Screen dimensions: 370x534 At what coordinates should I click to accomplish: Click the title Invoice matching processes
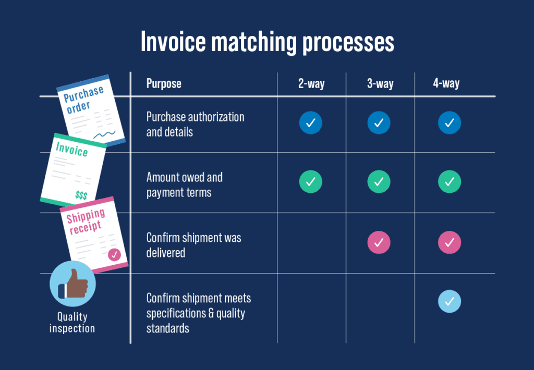267,42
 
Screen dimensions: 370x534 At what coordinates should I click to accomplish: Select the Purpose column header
164,83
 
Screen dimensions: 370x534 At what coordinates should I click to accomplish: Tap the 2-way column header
311,83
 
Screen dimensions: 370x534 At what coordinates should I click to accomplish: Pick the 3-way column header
380,83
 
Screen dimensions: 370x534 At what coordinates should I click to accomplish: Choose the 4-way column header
446,83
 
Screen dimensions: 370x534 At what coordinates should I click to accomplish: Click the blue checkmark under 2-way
310,123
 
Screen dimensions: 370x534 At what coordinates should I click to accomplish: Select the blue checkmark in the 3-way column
379,123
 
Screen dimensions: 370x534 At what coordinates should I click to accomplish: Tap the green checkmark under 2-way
310,182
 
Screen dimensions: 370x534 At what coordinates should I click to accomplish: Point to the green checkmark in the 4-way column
450,182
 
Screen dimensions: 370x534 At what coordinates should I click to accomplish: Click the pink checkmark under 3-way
379,242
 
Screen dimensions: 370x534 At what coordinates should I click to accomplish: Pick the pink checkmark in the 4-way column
450,242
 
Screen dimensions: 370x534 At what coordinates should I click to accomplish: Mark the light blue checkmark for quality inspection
450,301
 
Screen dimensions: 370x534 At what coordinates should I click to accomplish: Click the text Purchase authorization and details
195,124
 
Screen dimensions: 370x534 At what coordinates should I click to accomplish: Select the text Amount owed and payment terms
184,184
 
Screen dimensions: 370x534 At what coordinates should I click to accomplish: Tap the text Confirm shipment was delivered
193,245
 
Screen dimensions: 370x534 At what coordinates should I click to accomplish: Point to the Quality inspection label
72,323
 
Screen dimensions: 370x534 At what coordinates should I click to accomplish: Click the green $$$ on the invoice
81,195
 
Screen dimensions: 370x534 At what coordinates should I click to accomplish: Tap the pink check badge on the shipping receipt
114,255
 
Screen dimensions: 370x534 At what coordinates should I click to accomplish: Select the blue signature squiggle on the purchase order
104,135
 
